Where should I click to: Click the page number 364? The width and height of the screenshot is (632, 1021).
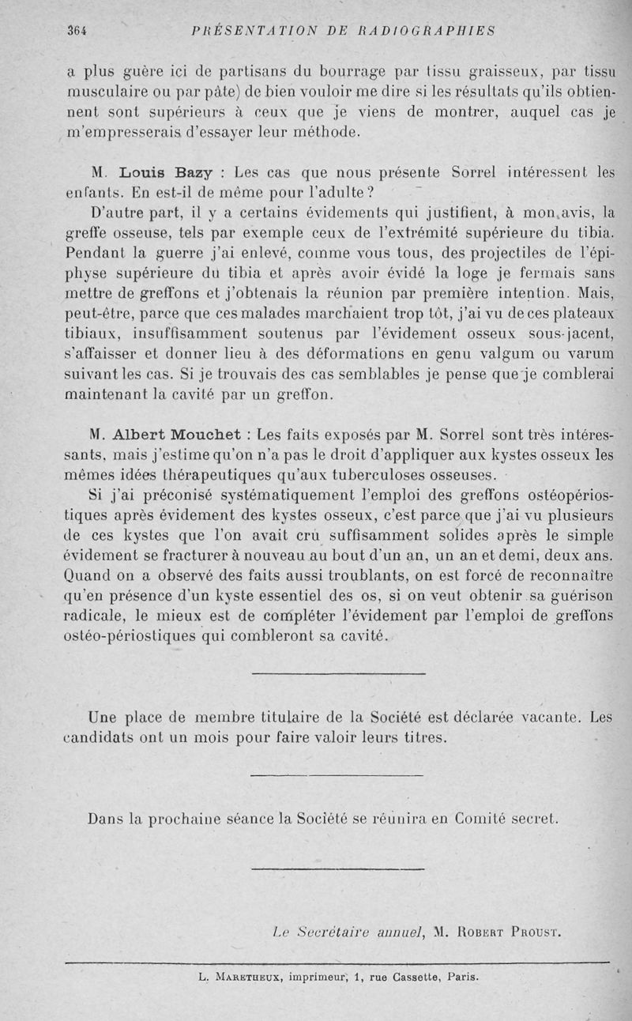76,31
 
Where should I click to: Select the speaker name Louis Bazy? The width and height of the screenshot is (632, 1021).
164,172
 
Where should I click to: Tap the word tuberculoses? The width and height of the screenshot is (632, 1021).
371,475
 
